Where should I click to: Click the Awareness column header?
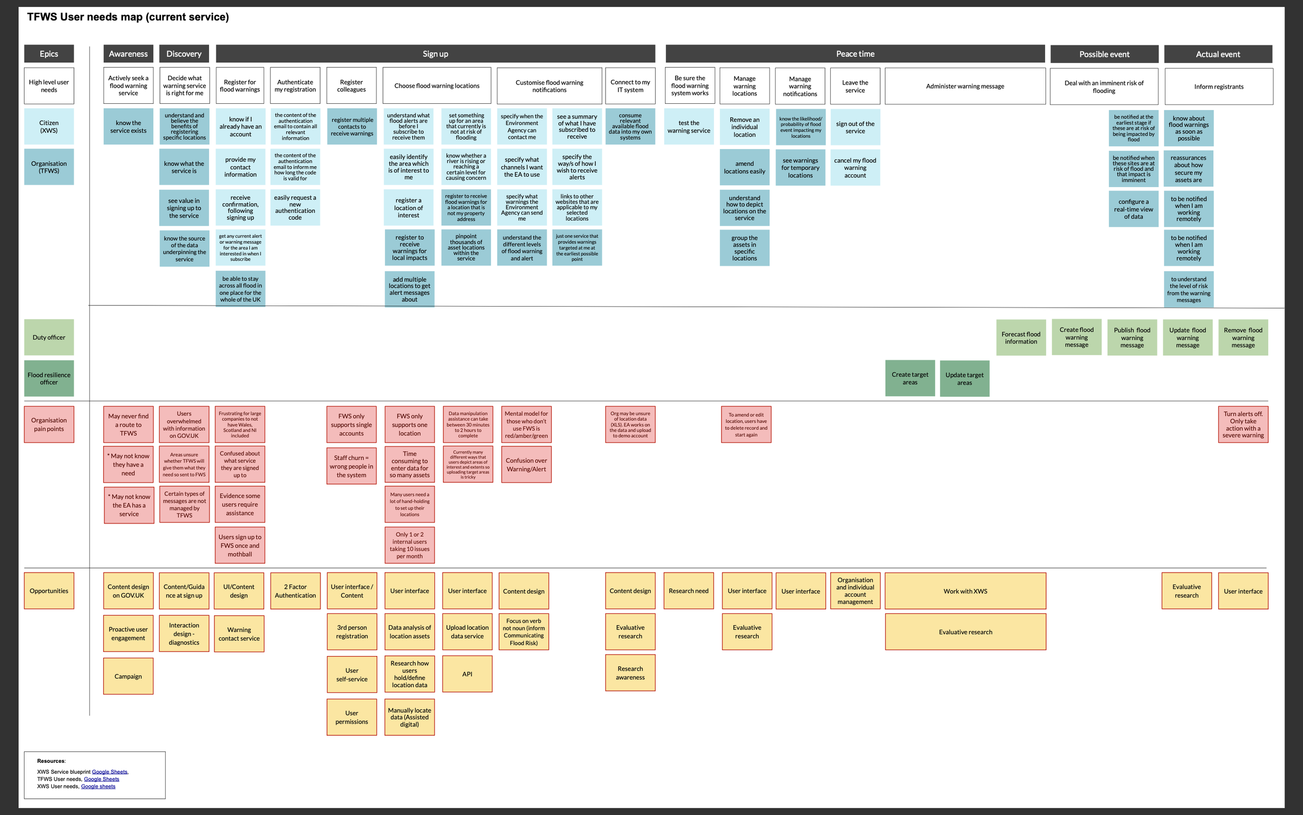click(x=128, y=54)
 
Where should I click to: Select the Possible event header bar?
click(x=1104, y=54)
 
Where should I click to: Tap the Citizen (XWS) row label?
click(x=49, y=127)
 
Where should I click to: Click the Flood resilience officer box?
click(x=49, y=379)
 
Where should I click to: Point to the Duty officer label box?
click(x=49, y=337)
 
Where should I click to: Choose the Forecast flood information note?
click(x=1021, y=338)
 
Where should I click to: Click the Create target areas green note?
click(x=910, y=379)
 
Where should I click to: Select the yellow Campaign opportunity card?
click(x=128, y=676)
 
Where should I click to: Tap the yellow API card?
click(x=467, y=674)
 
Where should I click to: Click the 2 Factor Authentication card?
click(x=295, y=591)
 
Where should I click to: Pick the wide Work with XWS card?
click(x=965, y=591)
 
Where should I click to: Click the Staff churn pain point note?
click(x=351, y=466)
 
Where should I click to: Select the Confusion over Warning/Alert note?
click(x=526, y=465)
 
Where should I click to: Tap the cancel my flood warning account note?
click(x=855, y=167)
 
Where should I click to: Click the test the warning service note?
click(x=689, y=127)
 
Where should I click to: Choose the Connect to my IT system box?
click(x=630, y=86)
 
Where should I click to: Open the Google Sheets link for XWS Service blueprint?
click(x=110, y=772)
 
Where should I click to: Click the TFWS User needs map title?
click(x=128, y=17)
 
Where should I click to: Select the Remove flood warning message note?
click(x=1243, y=338)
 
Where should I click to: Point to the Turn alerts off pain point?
click(x=1243, y=425)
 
